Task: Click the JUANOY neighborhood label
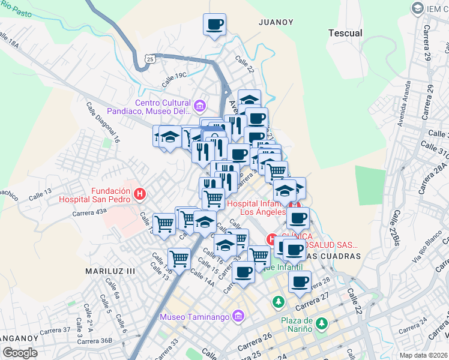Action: (x=276, y=22)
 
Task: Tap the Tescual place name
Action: (x=345, y=33)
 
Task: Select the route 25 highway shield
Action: (x=151, y=58)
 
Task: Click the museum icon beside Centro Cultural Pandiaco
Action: (x=200, y=107)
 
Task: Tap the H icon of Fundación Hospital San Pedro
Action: (x=140, y=194)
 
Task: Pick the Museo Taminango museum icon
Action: (x=238, y=316)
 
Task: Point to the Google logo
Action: (x=19, y=353)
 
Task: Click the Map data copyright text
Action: (x=424, y=355)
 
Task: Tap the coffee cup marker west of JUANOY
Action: (x=214, y=25)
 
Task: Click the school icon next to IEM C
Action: (x=417, y=8)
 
